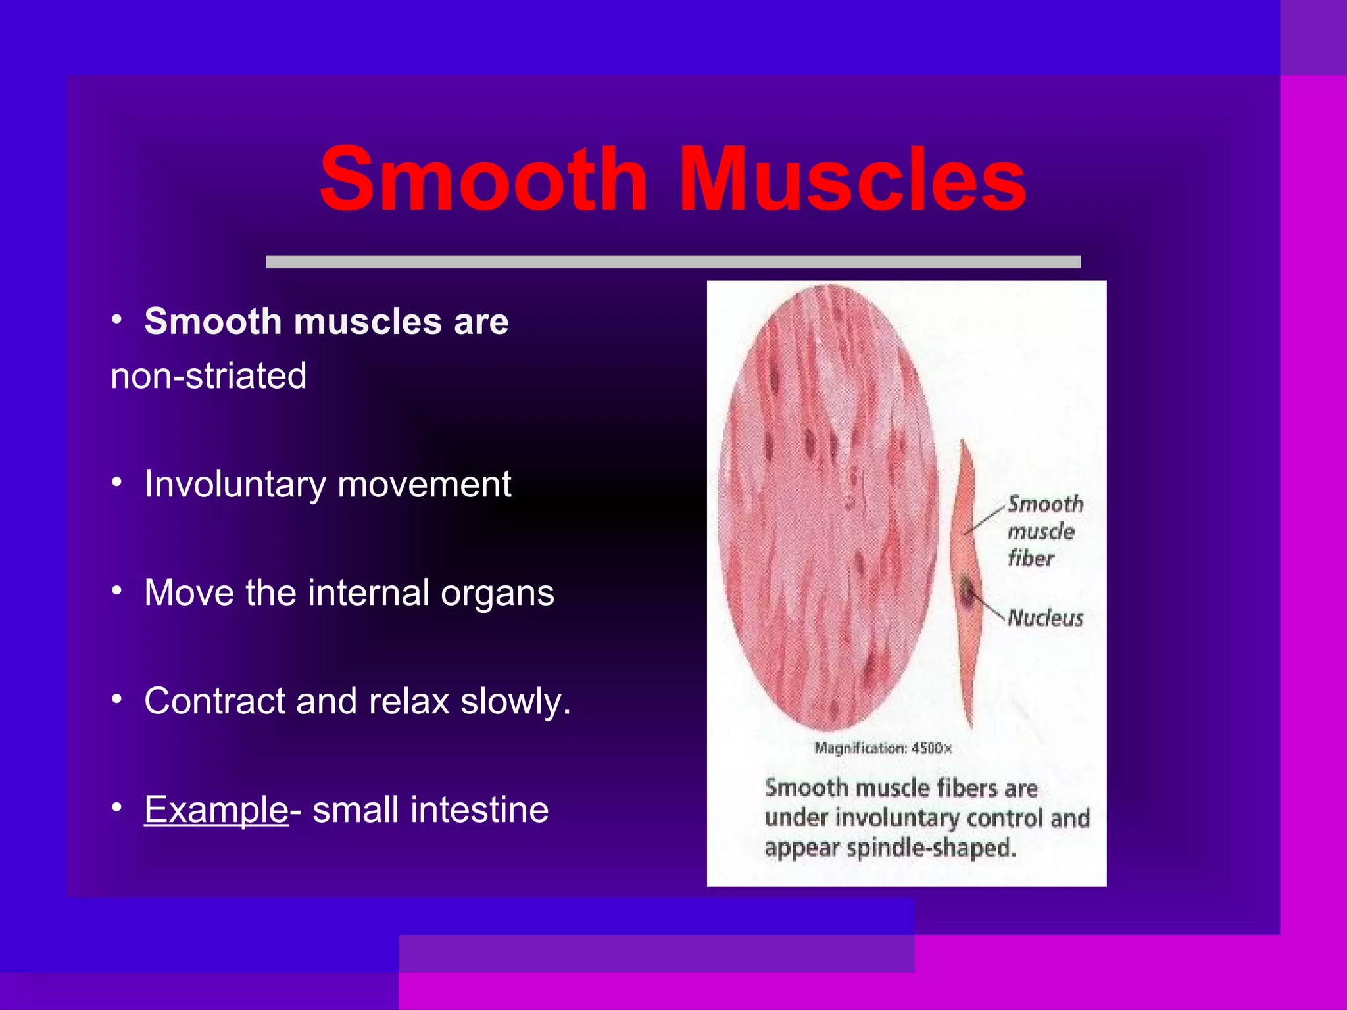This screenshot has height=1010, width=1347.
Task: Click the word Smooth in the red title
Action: click(x=484, y=180)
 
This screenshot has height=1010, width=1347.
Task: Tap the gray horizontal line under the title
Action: click(x=673, y=262)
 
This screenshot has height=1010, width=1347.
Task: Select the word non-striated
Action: click(x=208, y=376)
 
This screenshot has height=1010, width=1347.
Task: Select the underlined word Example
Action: click(x=216, y=809)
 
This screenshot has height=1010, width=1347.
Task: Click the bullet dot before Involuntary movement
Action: click(x=117, y=483)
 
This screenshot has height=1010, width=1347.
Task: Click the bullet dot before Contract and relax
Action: click(x=117, y=700)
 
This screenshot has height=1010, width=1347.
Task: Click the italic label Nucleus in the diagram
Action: click(x=1045, y=618)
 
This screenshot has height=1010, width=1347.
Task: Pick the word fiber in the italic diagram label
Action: click(x=1031, y=559)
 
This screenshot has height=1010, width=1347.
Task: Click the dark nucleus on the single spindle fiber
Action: click(x=967, y=590)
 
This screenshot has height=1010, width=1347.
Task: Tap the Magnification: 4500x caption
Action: click(x=883, y=748)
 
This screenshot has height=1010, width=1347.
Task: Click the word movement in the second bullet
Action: click(x=424, y=485)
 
